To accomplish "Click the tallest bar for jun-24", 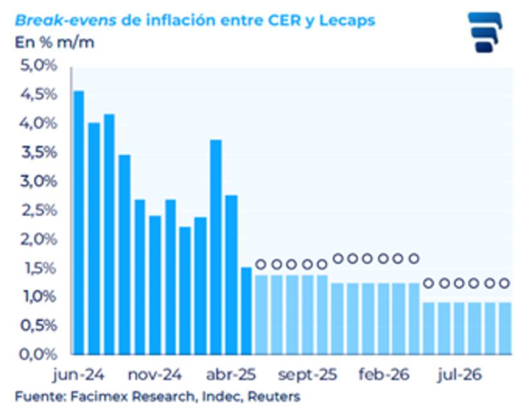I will click(x=79, y=222).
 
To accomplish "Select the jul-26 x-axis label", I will click(x=459, y=375).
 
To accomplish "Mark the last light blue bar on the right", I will click(x=504, y=328).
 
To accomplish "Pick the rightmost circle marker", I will click(x=504, y=283).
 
